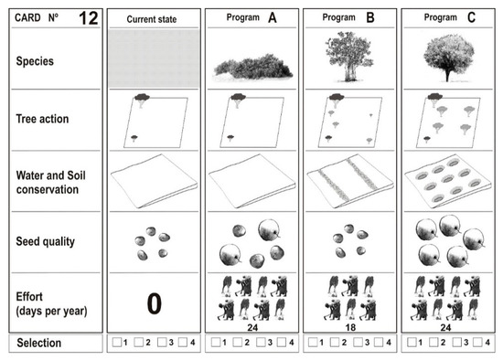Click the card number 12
(89, 18)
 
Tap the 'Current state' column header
(152, 19)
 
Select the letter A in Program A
(273, 17)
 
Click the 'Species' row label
(35, 61)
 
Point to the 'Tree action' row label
(42, 119)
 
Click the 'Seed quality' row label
(45, 241)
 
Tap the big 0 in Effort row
(155, 303)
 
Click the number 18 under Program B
(350, 327)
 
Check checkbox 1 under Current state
(117, 342)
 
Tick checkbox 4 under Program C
(477, 342)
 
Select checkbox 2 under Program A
(238, 342)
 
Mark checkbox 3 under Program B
(358, 342)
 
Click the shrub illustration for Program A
(253, 67)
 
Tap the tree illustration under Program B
(349, 57)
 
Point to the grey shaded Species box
(155, 58)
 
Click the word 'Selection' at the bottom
(39, 343)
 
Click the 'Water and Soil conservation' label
(50, 183)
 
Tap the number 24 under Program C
(445, 327)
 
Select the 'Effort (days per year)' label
(51, 304)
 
